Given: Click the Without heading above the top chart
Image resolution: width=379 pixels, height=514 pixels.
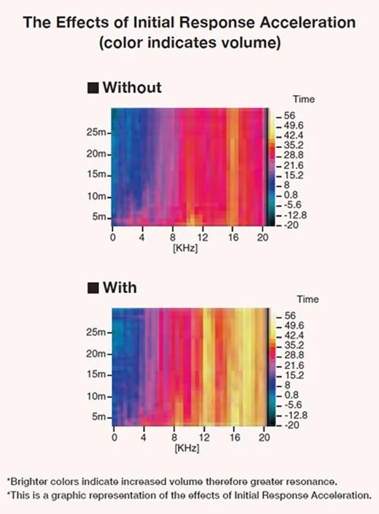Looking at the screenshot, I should tap(131, 87).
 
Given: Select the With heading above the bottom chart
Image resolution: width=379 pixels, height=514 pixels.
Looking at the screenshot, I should tap(120, 287).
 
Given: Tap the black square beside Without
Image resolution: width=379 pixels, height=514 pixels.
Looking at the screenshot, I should tap(93, 88).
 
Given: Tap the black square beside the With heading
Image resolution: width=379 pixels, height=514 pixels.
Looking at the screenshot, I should tap(93, 288).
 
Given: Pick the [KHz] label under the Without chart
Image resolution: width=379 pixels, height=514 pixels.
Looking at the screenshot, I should tap(186, 248).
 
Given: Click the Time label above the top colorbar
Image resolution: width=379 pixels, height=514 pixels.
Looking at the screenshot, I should tap(304, 99).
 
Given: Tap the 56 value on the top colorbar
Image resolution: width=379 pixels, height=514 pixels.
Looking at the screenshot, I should tap(289, 115).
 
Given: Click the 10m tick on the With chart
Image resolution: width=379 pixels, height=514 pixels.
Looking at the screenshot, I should tap(98, 396).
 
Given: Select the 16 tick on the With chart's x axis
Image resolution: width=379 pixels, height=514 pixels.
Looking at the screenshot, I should tap(234, 438).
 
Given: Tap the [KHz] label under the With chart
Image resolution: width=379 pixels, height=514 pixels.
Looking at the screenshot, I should tap(186, 449).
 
